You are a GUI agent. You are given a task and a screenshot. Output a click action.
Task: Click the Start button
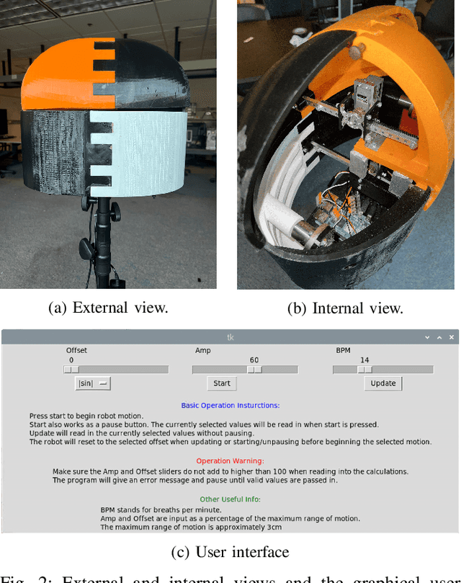(x=222, y=383)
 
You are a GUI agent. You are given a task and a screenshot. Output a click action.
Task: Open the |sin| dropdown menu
(x=93, y=383)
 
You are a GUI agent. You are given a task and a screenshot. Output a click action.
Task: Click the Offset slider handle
(x=71, y=369)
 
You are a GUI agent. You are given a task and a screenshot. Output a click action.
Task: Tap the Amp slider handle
(x=254, y=369)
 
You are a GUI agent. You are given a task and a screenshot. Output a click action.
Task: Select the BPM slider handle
(x=365, y=369)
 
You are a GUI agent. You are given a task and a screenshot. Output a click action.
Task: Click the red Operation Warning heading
(x=230, y=460)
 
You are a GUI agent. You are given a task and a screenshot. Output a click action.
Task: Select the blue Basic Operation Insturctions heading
(x=230, y=406)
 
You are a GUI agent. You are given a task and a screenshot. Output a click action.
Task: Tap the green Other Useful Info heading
(x=230, y=498)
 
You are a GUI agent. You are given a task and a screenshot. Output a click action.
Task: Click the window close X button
(x=452, y=337)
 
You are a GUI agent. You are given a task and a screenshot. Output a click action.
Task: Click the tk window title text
(x=230, y=337)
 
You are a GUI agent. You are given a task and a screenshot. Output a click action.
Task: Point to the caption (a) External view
(x=108, y=308)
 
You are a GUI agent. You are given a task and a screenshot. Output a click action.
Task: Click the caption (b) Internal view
(x=345, y=308)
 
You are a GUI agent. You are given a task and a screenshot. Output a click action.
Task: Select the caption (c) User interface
(x=230, y=552)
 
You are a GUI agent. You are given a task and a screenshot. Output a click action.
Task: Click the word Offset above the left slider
(x=76, y=350)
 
